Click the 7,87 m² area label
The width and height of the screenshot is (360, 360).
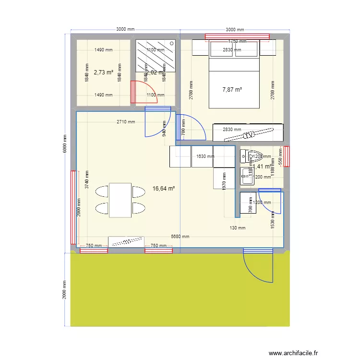click(x=232, y=89)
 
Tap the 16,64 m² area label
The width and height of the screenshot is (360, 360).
click(x=164, y=189)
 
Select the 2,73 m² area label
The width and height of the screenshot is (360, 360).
click(x=103, y=72)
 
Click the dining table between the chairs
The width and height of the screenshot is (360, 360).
click(x=120, y=200)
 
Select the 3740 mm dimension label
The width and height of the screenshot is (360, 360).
click(x=87, y=180)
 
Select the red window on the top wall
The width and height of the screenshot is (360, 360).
click(x=237, y=36)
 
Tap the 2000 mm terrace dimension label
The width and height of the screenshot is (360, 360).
click(x=65, y=289)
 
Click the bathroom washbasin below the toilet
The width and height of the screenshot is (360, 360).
click(x=247, y=175)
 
